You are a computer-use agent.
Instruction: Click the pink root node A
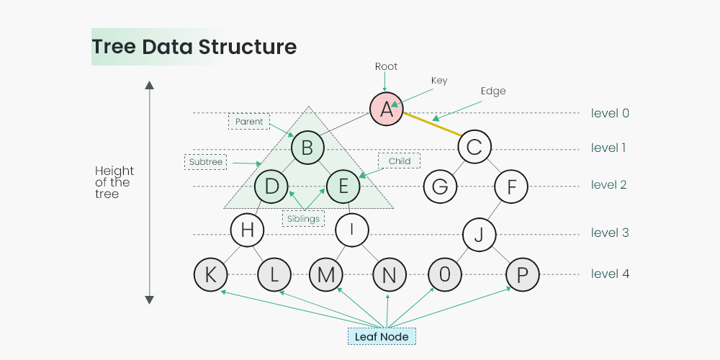(387, 109)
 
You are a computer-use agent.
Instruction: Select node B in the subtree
(307, 149)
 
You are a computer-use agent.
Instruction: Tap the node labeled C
(474, 148)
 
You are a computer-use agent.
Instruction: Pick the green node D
(271, 186)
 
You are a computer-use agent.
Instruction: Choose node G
(440, 186)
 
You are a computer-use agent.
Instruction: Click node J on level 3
(480, 233)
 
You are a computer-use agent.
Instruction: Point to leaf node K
(211, 274)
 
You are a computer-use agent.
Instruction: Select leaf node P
(523, 274)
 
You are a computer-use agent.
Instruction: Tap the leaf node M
(325, 274)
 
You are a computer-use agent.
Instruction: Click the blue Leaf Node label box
(382, 336)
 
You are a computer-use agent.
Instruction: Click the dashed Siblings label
(303, 218)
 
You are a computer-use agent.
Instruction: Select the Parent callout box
(249, 122)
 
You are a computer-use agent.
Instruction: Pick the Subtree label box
(206, 162)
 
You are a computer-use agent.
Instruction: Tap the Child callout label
(399, 161)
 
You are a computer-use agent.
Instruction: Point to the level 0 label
(610, 113)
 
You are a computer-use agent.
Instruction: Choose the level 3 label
(610, 233)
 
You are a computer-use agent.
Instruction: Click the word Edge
(493, 91)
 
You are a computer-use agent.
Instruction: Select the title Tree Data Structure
(194, 48)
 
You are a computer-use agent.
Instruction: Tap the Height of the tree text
(114, 182)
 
